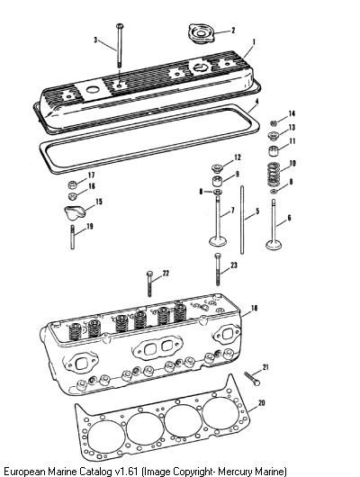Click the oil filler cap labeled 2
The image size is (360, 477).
201,34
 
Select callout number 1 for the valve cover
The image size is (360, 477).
254,42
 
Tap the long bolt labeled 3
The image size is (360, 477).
120,46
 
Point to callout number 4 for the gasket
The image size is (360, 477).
256,102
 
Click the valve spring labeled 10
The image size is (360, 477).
274,173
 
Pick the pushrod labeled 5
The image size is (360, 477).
242,220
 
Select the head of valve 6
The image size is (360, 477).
274,245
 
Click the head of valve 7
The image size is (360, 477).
218,241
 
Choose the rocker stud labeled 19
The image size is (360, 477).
72,237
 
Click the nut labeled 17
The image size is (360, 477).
72,184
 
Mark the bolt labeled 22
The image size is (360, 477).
149,283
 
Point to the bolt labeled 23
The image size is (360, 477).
217,269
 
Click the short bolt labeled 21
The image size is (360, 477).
252,378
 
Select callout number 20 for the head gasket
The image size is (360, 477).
261,403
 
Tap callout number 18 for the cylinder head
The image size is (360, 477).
254,308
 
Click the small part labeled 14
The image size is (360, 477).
274,123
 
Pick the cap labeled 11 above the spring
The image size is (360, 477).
274,151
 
